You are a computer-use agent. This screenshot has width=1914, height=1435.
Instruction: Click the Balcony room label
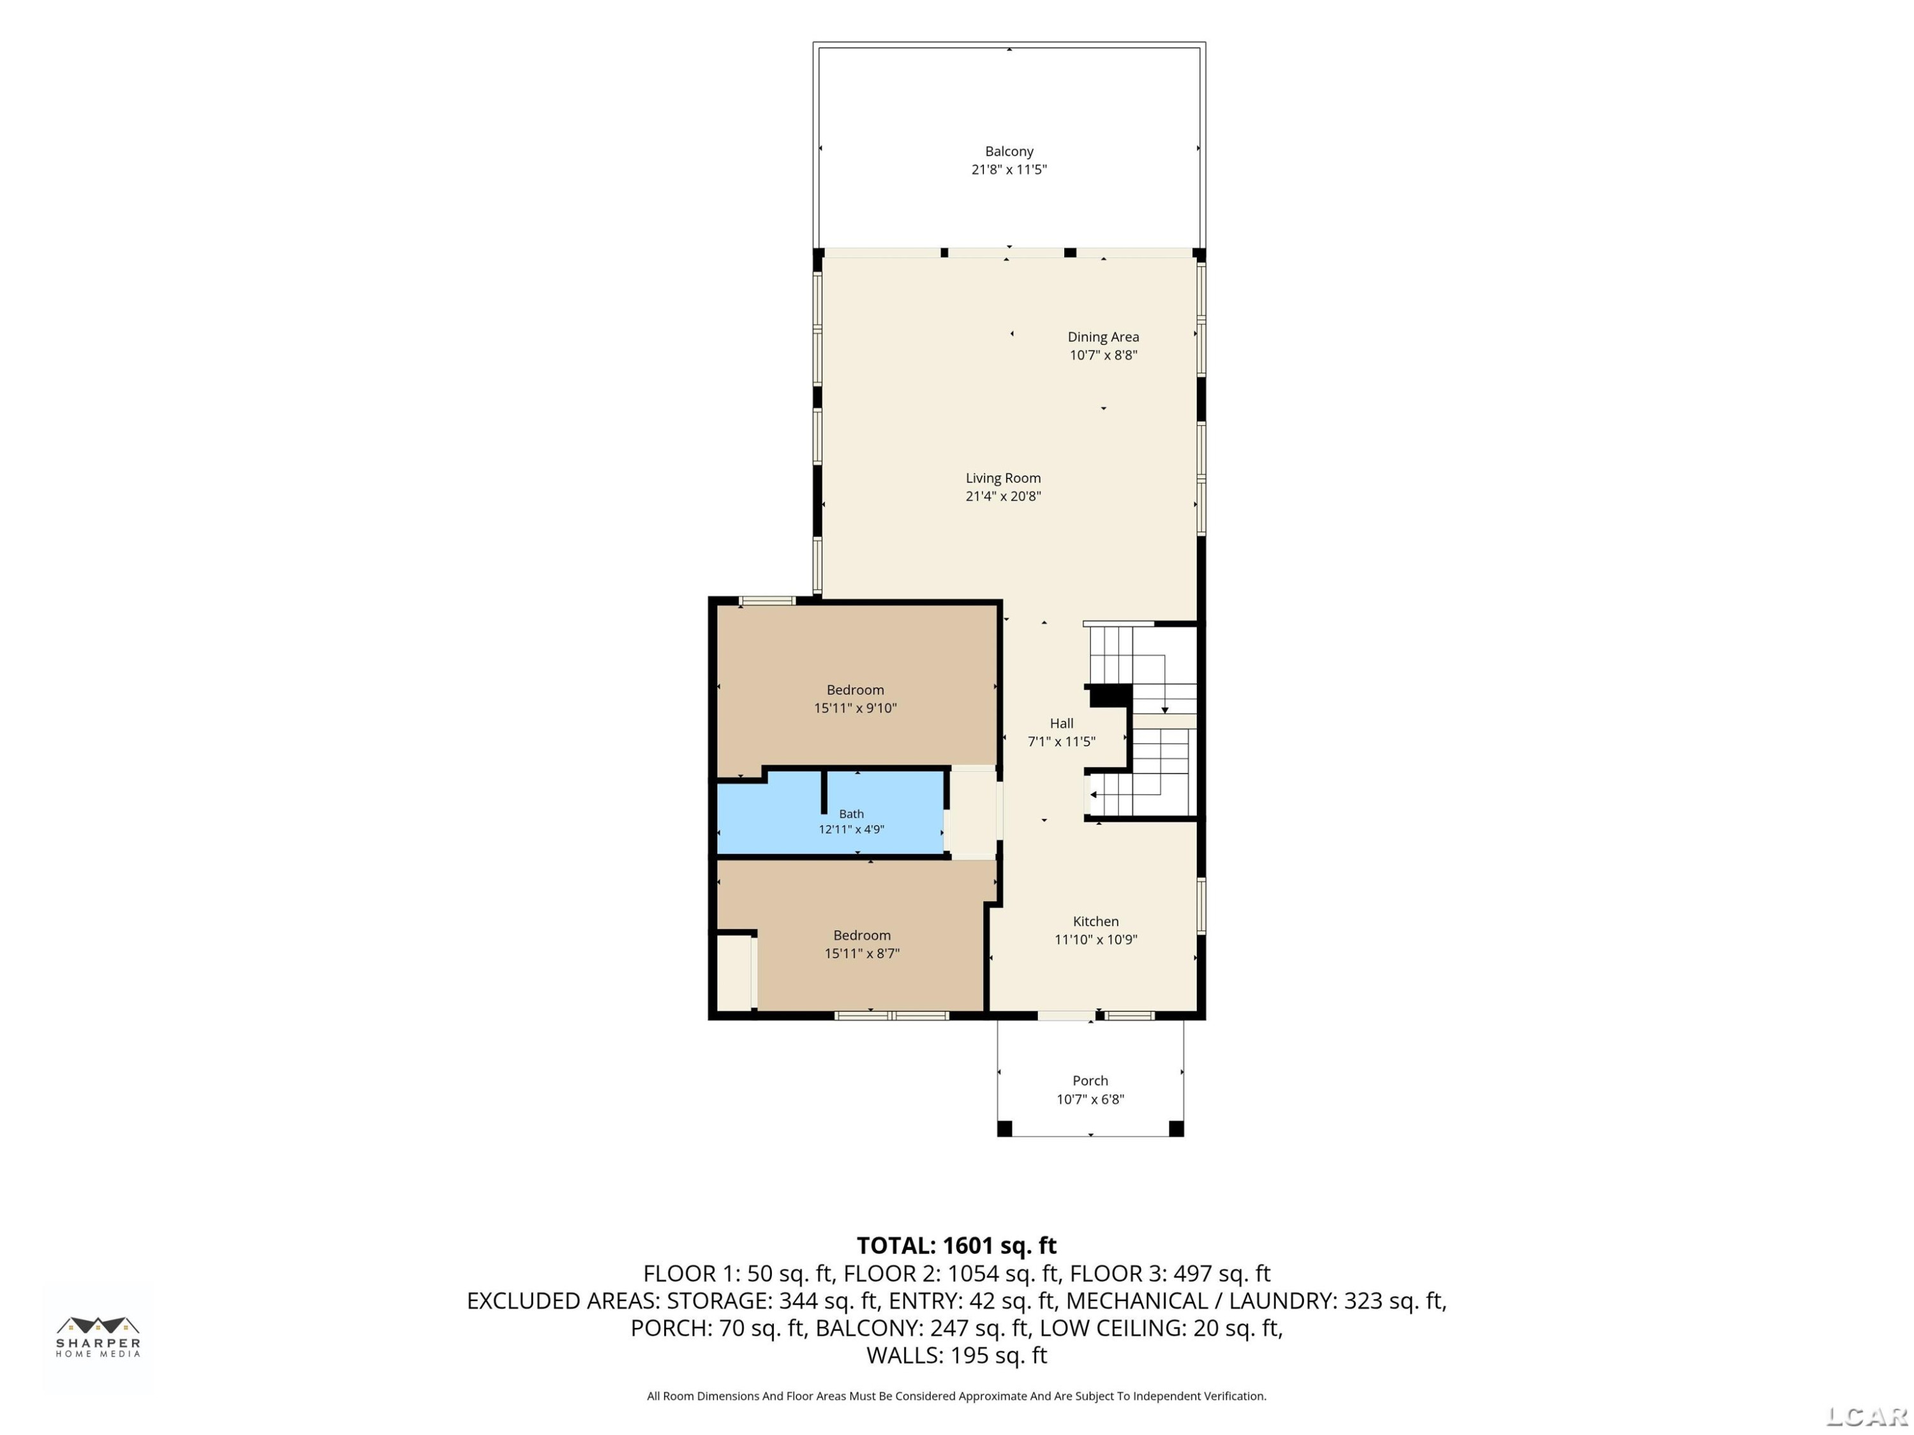1009,151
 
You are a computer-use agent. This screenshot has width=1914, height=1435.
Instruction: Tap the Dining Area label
1103,337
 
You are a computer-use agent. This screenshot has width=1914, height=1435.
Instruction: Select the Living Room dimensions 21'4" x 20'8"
1003,496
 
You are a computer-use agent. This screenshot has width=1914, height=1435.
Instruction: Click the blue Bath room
831,813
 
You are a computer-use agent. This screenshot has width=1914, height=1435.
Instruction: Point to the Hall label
1062,724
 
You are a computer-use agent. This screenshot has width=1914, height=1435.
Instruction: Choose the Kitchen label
1095,922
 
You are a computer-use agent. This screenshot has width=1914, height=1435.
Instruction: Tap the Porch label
1090,1081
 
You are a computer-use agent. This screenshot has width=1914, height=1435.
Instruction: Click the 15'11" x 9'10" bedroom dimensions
855,709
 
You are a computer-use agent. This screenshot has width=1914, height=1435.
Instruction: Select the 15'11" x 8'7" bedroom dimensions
862,954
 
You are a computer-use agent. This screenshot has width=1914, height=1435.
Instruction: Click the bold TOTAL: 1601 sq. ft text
956,1246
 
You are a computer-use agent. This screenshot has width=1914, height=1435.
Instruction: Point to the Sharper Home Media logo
98,1337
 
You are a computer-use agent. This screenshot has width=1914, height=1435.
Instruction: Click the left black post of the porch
1005,1129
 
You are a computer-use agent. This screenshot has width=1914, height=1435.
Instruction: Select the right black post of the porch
1176,1129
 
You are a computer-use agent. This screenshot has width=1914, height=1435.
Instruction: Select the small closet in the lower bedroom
734,972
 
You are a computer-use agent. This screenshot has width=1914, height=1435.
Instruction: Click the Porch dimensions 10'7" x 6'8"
1090,1100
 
